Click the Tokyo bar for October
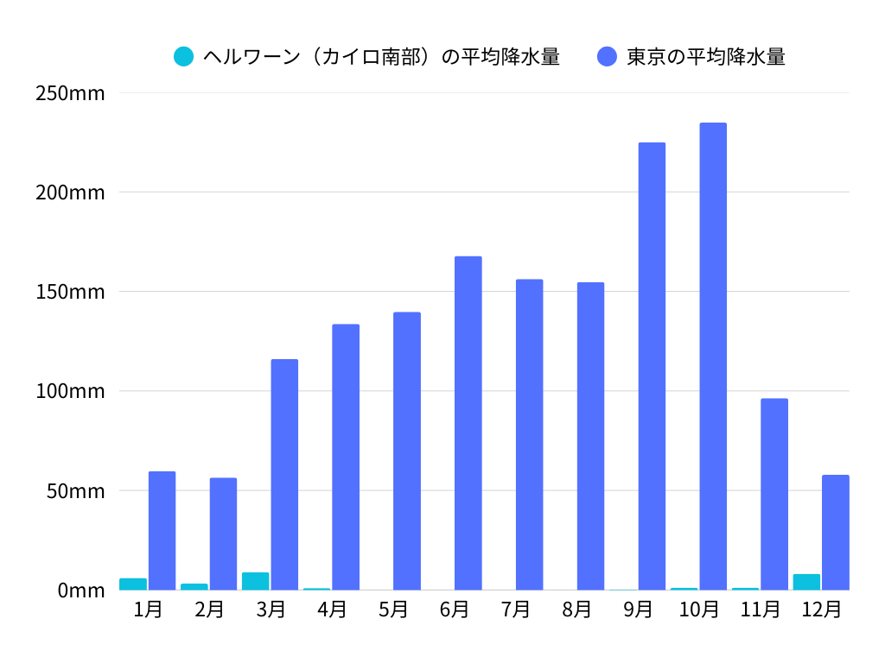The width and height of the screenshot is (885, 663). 713,357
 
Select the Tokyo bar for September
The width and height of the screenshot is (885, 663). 652,366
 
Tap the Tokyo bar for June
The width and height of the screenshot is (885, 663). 468,423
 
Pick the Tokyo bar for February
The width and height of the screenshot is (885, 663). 223,534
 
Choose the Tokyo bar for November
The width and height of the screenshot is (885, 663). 774,494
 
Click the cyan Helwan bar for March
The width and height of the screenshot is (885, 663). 255,581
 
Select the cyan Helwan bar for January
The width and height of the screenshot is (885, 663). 133,584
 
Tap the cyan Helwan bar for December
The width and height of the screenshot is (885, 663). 806,582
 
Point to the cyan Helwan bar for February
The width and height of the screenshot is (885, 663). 194,586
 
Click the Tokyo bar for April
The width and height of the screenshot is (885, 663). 346,457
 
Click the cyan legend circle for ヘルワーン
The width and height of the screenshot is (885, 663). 183,57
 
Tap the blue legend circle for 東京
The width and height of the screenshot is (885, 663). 607,57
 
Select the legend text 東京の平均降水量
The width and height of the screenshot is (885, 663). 705,57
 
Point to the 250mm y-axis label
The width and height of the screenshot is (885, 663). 70,92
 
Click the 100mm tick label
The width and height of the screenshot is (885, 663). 70,391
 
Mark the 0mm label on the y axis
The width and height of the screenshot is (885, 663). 80,590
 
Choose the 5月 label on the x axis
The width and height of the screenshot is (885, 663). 393,609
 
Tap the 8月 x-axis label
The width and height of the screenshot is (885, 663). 576,609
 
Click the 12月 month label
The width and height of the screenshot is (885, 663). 821,609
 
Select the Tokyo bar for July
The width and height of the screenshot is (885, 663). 529,434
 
